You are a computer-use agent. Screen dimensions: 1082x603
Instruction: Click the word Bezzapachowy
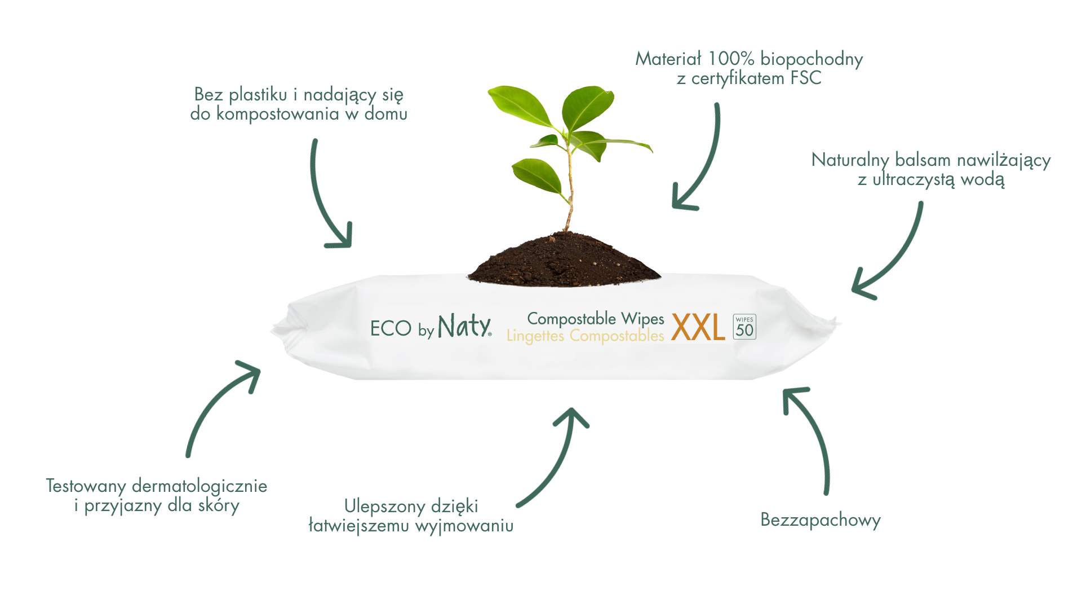821,520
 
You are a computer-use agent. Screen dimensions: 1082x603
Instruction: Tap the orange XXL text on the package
698,328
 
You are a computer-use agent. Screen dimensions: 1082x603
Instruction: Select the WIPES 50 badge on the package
744,327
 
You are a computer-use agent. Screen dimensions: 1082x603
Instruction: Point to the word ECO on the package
391,328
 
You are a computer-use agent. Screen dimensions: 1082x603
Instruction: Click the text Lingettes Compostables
586,336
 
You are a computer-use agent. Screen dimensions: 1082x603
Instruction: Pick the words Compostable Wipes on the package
596,319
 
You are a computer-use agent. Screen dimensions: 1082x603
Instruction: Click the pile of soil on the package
564,261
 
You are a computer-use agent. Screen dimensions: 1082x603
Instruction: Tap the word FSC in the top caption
806,78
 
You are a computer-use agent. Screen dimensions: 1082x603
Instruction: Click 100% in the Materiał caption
731,59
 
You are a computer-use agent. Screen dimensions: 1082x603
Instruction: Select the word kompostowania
278,115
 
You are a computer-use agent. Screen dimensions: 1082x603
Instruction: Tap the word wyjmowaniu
464,526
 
